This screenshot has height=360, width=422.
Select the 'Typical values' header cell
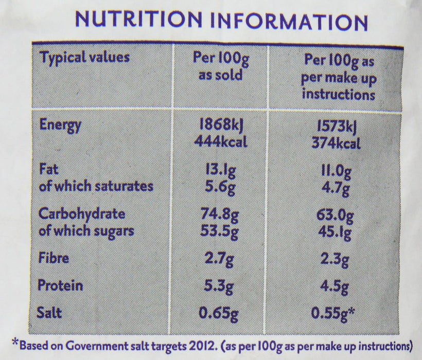coord(84,58)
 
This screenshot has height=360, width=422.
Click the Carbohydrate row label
coord(82,214)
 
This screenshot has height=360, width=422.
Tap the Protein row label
coord(62,284)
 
